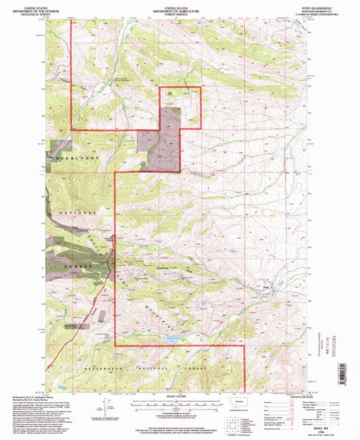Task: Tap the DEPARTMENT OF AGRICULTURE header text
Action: [180, 7]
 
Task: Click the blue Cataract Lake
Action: [171, 340]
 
